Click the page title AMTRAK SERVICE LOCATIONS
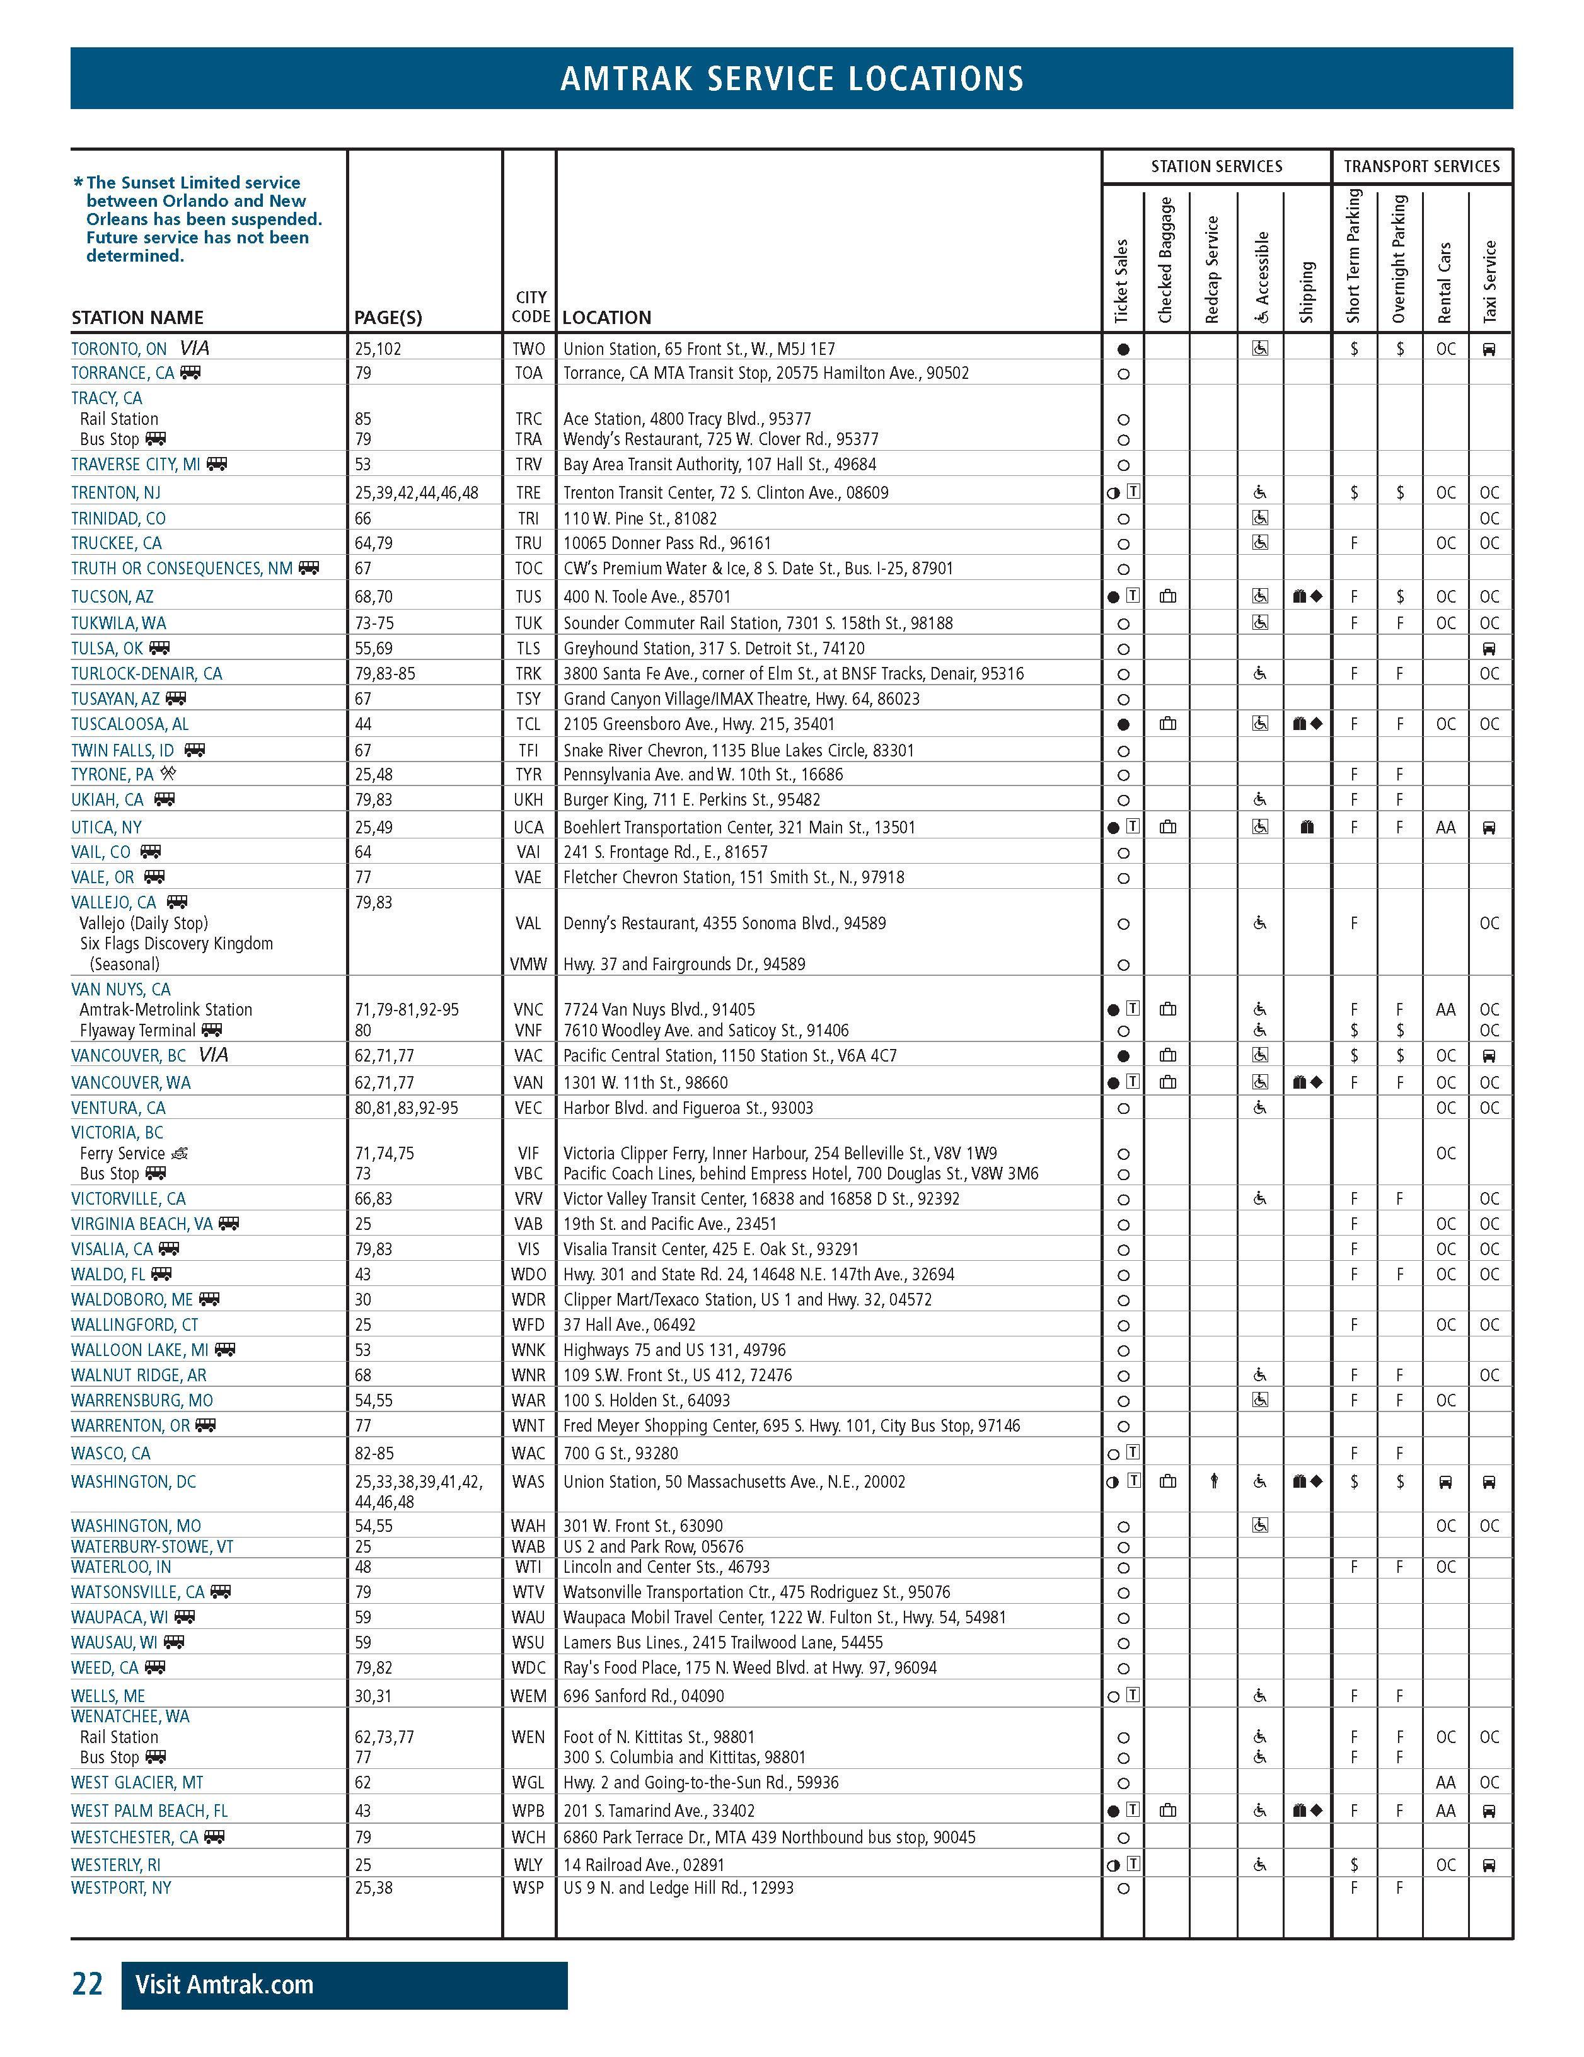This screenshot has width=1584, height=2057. (x=791, y=78)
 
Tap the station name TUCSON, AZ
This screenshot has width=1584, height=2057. (x=112, y=596)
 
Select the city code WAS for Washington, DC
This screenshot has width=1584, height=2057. (x=528, y=1481)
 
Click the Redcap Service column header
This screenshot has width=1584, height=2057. (x=1212, y=269)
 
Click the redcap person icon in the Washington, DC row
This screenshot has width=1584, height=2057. (x=1214, y=1481)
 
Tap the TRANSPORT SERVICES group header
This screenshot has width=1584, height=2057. (x=1421, y=166)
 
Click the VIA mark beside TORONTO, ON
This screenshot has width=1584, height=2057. (x=195, y=347)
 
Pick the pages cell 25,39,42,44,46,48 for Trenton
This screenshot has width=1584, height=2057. (x=416, y=492)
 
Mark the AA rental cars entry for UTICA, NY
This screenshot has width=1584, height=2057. (x=1445, y=827)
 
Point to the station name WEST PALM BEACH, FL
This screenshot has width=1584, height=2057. (x=149, y=1811)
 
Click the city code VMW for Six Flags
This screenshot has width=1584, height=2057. (x=528, y=963)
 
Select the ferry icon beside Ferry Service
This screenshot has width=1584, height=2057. (x=180, y=1153)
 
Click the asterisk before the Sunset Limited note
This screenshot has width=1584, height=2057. (x=78, y=183)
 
